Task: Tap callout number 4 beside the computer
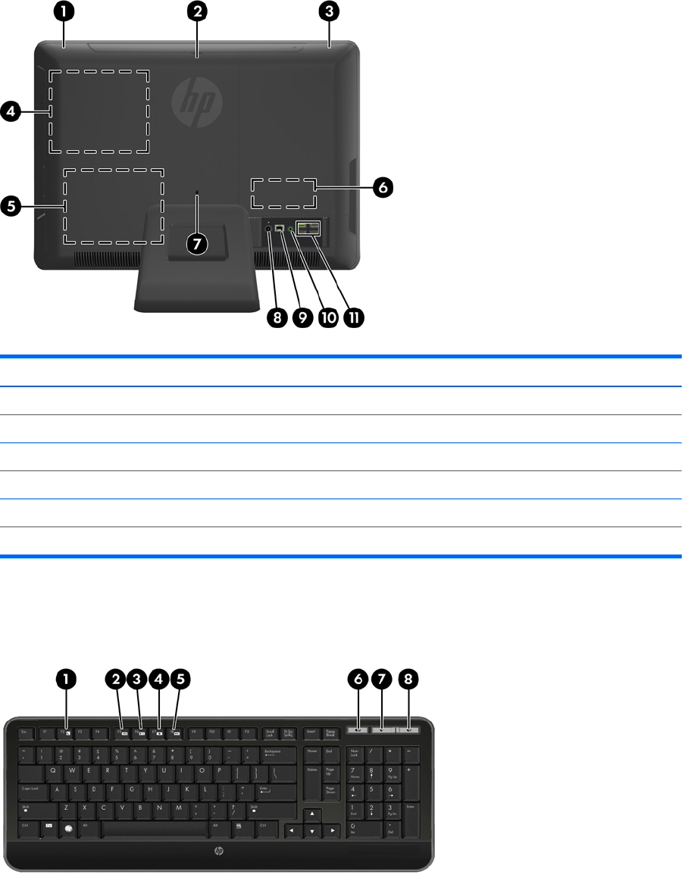pos(11,112)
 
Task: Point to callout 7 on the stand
pos(197,244)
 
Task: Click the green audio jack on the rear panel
pos(291,229)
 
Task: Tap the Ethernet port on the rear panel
pos(280,228)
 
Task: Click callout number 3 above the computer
pos(330,12)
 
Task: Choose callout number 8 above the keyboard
pos(410,680)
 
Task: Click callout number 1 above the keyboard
pos(67,680)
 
